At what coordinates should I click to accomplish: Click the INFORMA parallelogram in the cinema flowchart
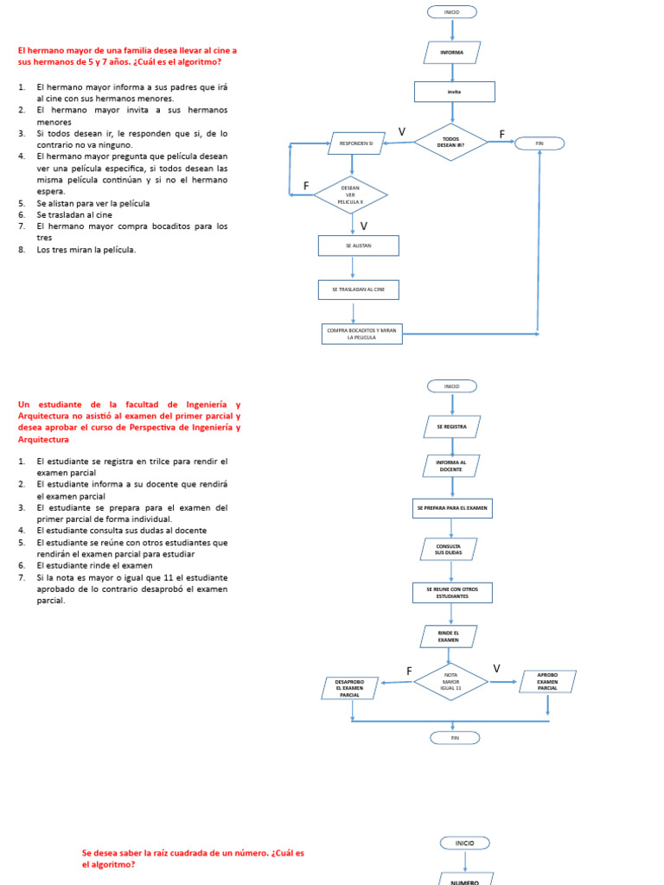click(451, 53)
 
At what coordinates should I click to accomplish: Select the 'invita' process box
click(454, 92)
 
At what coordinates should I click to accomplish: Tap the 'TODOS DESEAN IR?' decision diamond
click(451, 142)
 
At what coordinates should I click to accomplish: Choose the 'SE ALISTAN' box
click(358, 246)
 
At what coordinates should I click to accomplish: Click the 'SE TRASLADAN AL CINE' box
click(358, 290)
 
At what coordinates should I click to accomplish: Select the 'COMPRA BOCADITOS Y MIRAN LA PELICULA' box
click(361, 334)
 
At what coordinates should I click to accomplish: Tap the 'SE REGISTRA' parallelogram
click(451, 427)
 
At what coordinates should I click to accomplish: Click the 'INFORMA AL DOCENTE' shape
click(451, 467)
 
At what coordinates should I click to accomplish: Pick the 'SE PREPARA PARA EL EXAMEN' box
click(451, 508)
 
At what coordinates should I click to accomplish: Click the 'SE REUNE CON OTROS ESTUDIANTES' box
click(451, 593)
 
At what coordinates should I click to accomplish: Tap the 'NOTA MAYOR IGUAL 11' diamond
click(450, 682)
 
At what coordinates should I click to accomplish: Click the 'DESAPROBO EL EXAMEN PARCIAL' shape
click(349, 688)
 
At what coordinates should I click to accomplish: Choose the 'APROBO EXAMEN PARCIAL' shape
click(547, 681)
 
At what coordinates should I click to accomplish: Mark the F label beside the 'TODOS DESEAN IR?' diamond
click(502, 134)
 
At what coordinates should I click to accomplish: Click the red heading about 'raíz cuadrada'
click(193, 858)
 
